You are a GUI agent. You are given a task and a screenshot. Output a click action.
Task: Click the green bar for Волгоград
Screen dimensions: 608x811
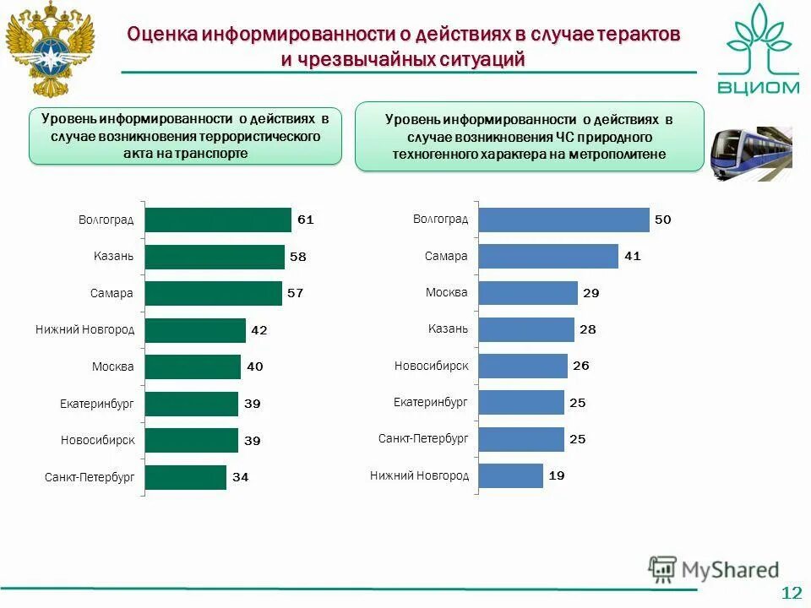click(218, 220)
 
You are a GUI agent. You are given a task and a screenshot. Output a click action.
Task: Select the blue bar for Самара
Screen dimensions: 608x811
click(548, 256)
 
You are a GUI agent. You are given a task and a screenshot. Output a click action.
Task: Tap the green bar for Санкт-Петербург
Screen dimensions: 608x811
click(186, 477)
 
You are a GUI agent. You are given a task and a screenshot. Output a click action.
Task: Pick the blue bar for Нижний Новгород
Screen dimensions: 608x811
click(510, 475)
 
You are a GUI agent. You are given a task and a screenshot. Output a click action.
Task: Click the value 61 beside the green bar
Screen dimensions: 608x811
click(305, 220)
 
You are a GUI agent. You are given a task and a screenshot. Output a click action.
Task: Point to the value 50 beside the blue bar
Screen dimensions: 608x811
click(663, 220)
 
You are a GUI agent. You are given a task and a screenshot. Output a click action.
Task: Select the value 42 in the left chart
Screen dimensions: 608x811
click(259, 330)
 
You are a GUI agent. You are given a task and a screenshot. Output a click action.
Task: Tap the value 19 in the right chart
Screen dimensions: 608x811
click(556, 475)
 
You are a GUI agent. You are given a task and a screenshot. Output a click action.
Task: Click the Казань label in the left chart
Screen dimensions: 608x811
click(114, 256)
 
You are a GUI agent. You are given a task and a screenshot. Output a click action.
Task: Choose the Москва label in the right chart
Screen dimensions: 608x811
click(447, 292)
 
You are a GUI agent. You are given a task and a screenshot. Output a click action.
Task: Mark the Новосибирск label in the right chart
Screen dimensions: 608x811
click(431, 366)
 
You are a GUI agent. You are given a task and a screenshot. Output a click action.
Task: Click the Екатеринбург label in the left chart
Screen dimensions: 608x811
click(97, 404)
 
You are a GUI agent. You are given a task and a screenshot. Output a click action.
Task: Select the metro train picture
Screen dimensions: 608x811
click(750, 152)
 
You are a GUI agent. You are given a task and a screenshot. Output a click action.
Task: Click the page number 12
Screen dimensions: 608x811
click(791, 593)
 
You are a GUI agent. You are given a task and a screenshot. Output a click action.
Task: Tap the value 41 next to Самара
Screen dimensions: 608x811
click(632, 256)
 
